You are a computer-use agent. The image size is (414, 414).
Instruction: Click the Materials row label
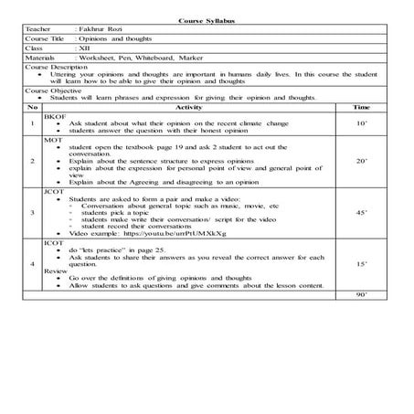(43, 58)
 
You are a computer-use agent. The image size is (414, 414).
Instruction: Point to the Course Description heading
(58, 69)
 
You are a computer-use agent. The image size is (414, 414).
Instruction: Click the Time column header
(361, 108)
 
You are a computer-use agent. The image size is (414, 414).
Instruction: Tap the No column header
(32, 108)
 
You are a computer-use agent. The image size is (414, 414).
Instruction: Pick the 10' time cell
(361, 122)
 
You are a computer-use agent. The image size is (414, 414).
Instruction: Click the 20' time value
(361, 162)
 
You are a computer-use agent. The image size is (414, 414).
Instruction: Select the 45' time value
(361, 213)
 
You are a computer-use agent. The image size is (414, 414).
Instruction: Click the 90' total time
(361, 296)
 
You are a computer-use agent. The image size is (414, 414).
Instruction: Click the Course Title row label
(48, 39)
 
